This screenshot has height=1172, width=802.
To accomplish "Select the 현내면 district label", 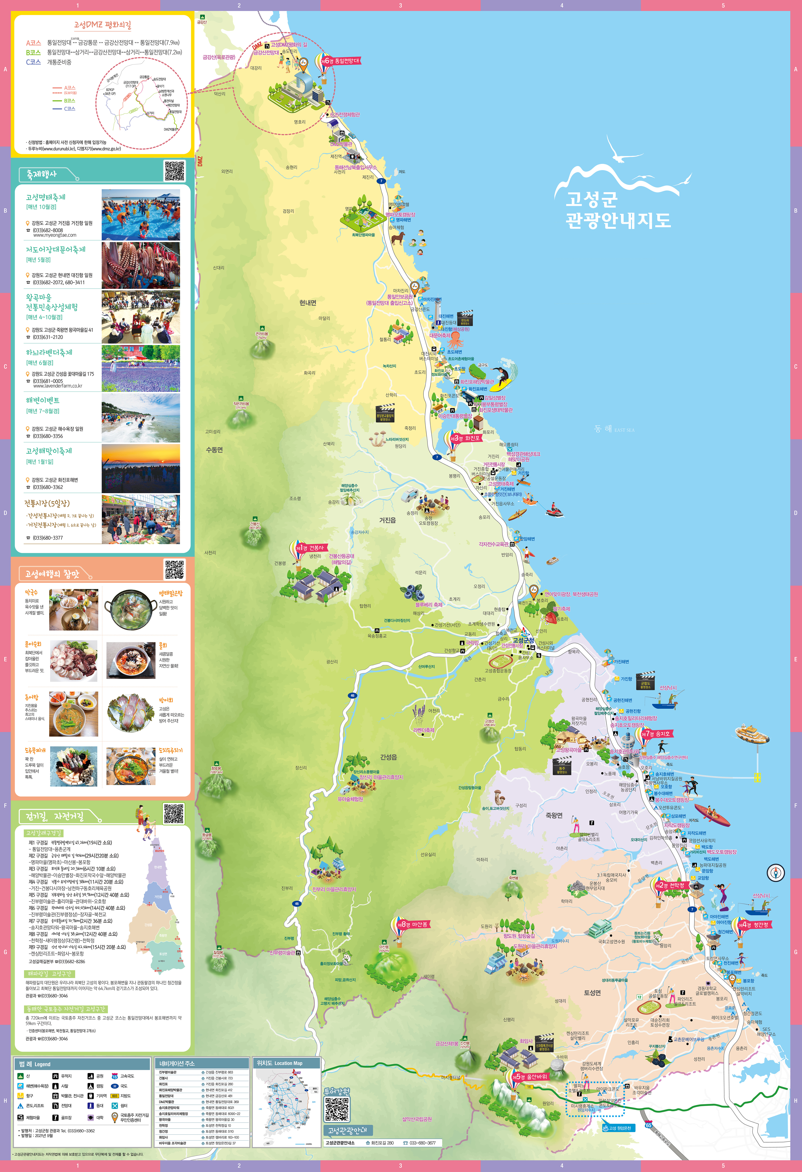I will [308, 303].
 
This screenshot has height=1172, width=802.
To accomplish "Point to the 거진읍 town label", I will [387, 520].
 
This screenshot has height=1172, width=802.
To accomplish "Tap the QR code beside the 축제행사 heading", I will [174, 171].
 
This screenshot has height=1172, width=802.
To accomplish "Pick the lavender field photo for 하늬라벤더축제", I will [141, 368].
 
